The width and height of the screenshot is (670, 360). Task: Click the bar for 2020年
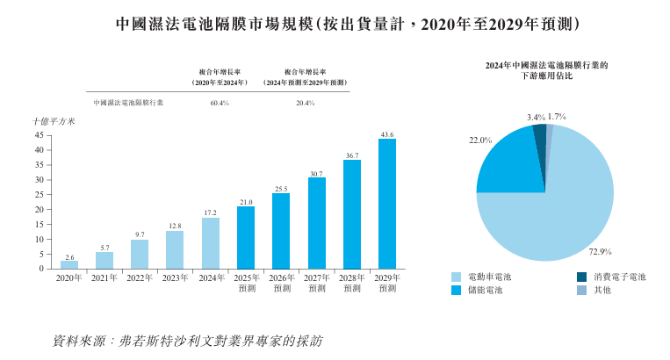tap(69, 264)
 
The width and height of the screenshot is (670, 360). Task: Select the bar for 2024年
tap(211, 243)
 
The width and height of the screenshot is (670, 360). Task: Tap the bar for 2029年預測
tap(387, 204)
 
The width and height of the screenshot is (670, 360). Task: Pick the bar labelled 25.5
tap(281, 231)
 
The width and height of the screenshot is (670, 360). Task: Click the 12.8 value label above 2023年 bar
tap(175, 226)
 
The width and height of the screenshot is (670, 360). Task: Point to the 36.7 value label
tap(352, 155)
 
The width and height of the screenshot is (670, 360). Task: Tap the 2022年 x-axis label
tap(140, 278)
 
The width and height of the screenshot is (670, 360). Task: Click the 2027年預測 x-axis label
tap(316, 283)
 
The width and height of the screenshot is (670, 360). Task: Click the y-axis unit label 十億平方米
tap(54, 121)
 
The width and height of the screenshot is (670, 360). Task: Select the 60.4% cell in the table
tap(220, 103)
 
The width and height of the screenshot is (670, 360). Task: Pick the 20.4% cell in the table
tap(306, 103)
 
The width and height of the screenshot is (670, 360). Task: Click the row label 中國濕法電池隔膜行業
tap(128, 103)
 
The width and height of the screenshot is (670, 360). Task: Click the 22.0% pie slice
tap(510, 162)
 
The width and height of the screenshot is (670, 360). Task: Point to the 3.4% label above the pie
tap(536, 116)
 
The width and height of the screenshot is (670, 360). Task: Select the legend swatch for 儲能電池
tap(457, 290)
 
